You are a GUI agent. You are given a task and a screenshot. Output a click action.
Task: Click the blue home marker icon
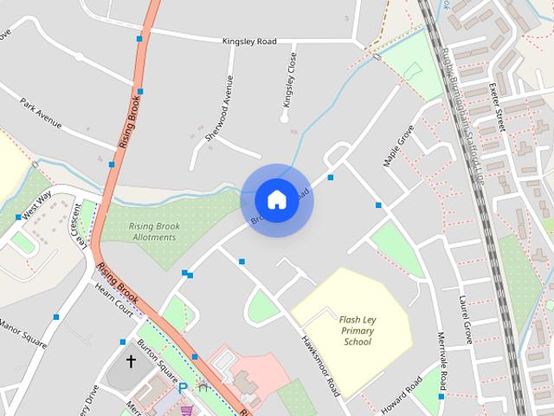(276, 199)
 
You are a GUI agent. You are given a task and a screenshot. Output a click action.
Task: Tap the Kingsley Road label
(249, 41)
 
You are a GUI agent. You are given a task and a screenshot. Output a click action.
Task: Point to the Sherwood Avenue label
(219, 108)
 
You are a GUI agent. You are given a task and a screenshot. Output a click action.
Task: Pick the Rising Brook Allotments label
(152, 231)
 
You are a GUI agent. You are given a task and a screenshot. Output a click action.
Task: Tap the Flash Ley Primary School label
(357, 330)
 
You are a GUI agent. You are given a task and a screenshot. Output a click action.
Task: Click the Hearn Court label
(114, 300)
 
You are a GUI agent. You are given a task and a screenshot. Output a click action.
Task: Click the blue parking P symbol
(183, 389)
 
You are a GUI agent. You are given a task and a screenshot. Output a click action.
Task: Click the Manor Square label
(23, 332)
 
